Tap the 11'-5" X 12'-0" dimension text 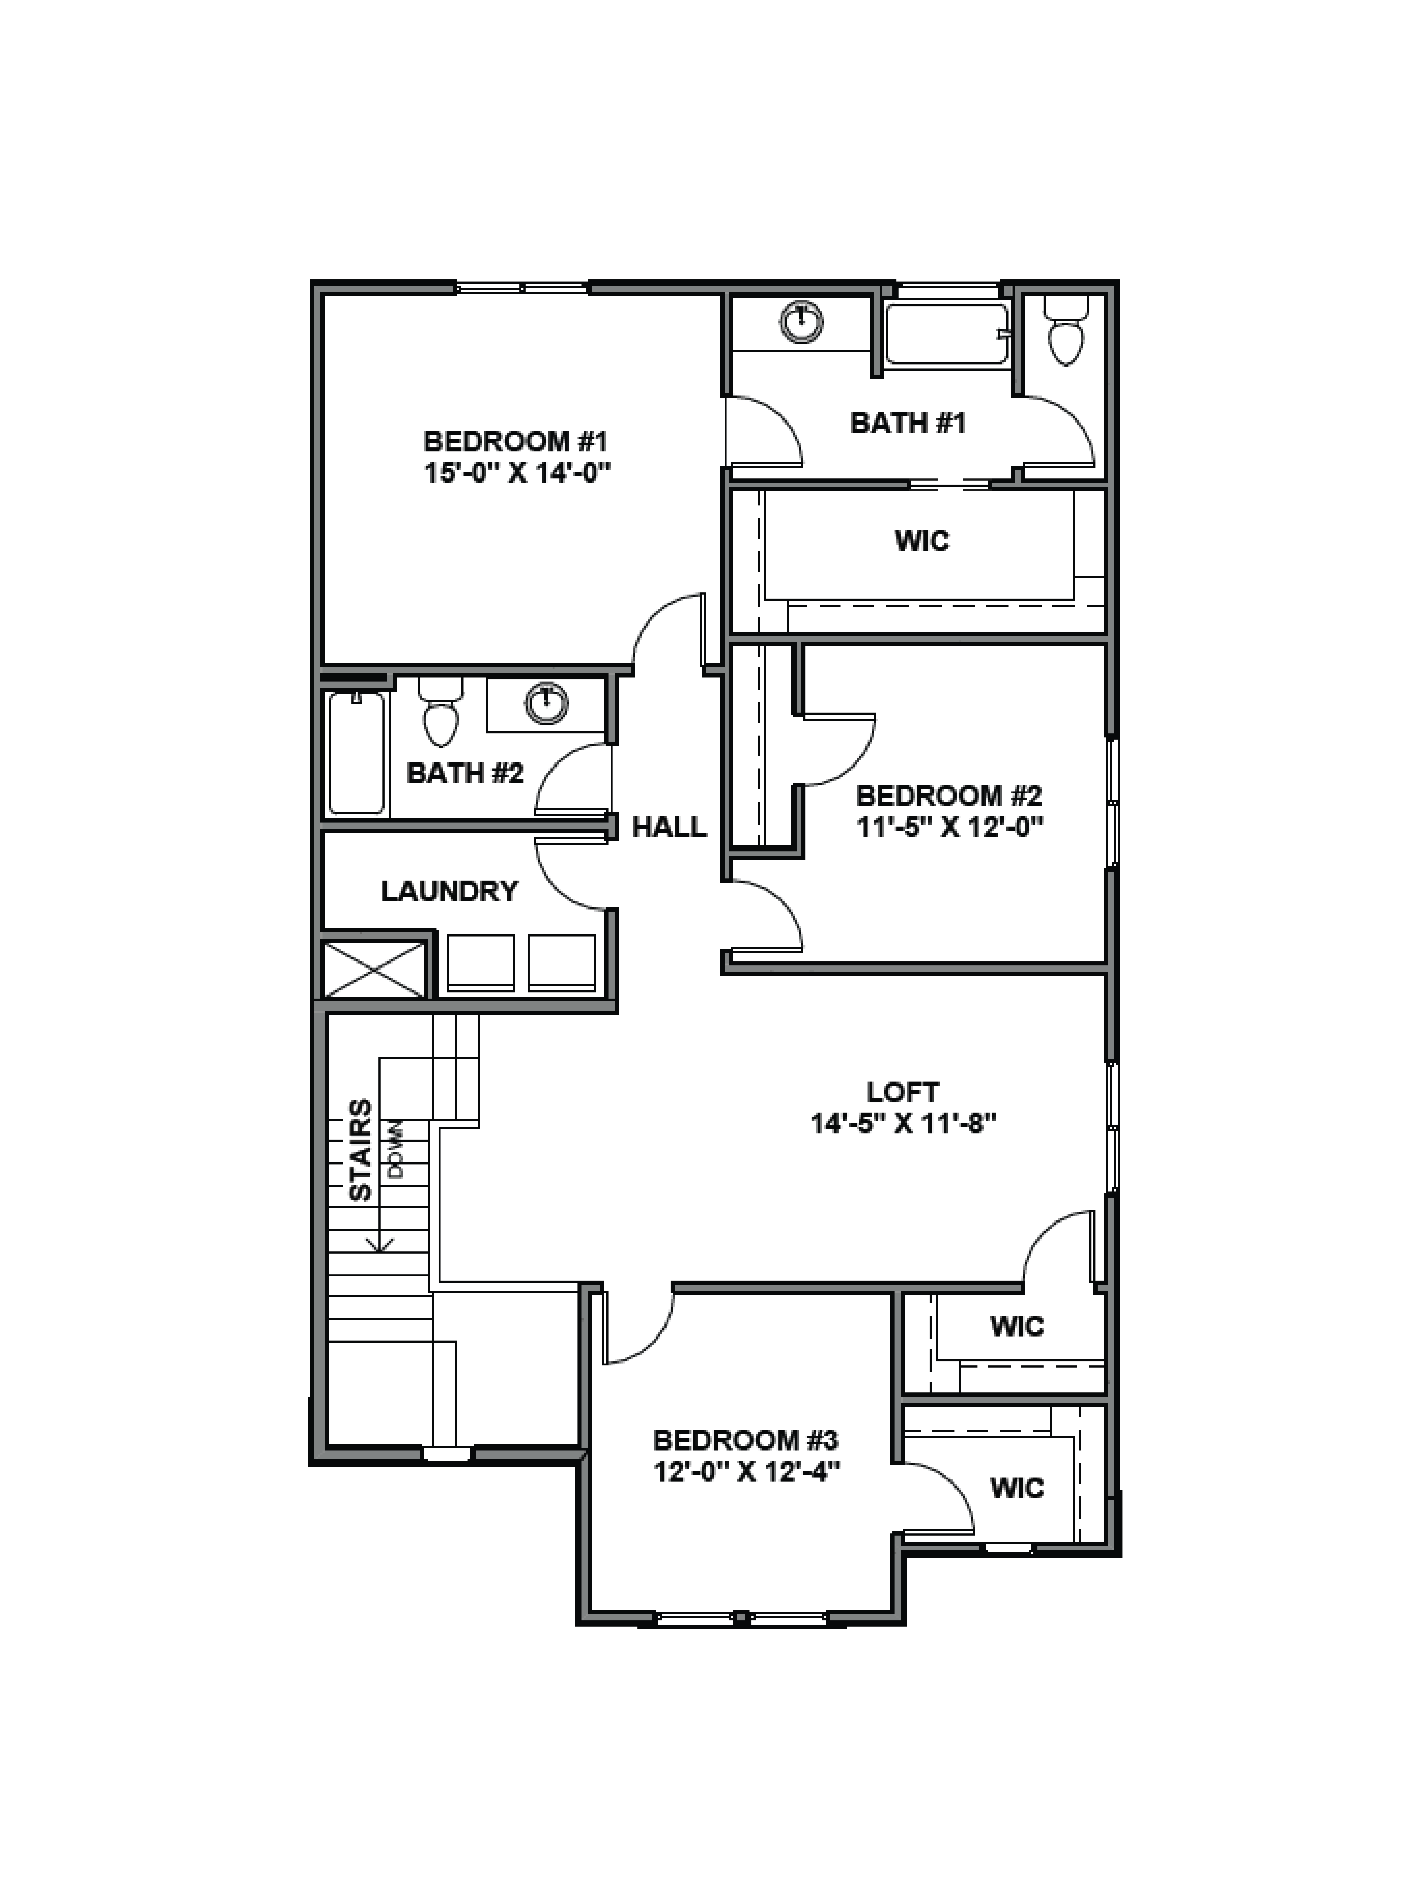950,827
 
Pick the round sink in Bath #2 546,704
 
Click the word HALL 669,827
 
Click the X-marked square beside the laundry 374,969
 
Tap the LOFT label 903,1092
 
